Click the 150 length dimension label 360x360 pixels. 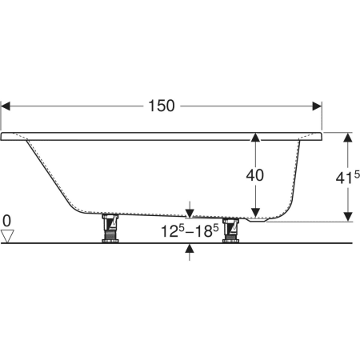tap(162, 106)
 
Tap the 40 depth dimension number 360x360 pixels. tap(255, 175)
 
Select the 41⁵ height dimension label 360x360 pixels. tap(348, 178)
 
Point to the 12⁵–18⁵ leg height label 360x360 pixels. tap(190, 230)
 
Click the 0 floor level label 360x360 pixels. tap(6, 221)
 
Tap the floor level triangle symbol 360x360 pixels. tap(7, 236)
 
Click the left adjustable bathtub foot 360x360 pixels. tap(110, 228)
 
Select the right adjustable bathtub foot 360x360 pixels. tap(230, 230)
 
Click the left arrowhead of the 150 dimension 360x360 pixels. tap(6, 106)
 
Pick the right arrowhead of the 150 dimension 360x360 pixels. tap(317, 106)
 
